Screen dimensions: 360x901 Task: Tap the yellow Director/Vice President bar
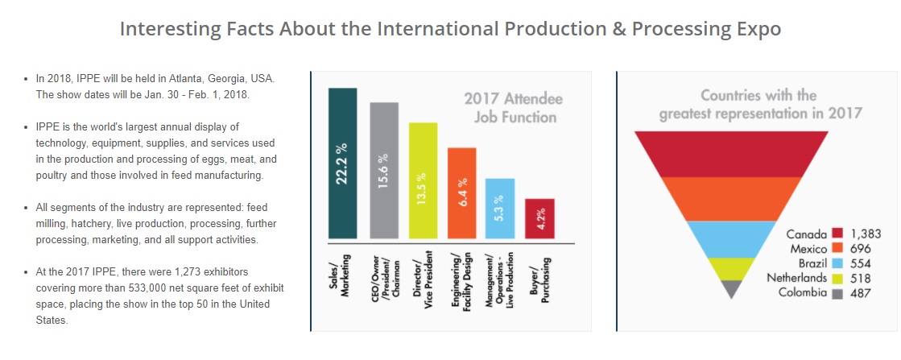423,180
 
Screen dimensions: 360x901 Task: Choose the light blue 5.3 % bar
499,209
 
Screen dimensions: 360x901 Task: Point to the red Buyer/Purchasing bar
539,218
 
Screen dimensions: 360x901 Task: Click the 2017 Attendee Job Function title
513,109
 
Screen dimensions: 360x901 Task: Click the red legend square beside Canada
837,234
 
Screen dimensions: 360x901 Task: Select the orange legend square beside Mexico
837,248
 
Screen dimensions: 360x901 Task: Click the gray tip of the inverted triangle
731,289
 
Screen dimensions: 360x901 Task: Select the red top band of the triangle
731,153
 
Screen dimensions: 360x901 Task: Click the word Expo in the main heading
754,29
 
